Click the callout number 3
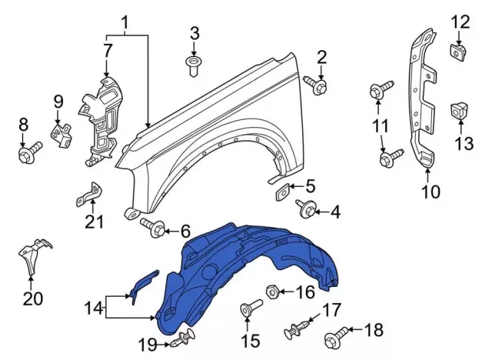coord(194,33)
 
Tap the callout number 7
coord(108,50)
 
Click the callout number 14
coord(93,309)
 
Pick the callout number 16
coord(305,292)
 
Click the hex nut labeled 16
coord(271,292)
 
